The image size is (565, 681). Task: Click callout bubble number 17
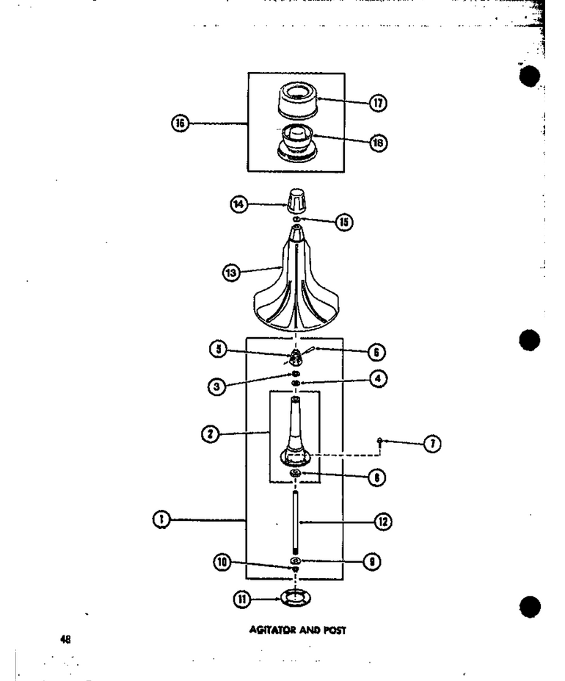click(378, 103)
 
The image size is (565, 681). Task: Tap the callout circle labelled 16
click(180, 123)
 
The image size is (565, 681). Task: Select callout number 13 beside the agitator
click(231, 273)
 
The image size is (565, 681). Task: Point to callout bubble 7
click(432, 444)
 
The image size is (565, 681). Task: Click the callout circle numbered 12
click(383, 522)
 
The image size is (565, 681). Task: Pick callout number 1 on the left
click(161, 519)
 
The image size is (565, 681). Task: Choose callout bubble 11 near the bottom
click(242, 599)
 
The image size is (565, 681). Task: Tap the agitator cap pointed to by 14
click(296, 201)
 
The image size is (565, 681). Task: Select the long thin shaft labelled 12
click(295, 522)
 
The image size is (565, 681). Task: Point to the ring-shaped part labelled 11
click(296, 598)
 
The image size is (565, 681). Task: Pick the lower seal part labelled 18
click(297, 144)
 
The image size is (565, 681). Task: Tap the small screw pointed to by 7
click(379, 441)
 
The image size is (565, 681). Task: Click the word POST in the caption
click(335, 630)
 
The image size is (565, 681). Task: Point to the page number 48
click(65, 639)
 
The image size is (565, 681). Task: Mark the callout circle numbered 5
click(218, 349)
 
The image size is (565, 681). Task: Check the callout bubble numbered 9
click(371, 562)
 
